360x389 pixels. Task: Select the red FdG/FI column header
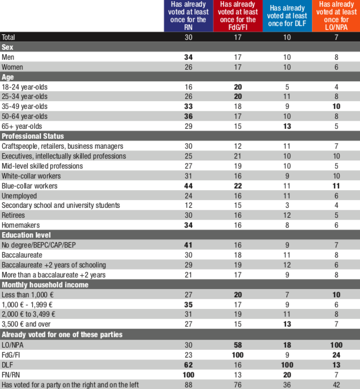(238, 15)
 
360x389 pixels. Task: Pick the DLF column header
(286, 15)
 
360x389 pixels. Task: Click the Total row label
(9, 37)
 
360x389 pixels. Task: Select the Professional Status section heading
(33, 136)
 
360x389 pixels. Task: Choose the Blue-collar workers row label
(27, 185)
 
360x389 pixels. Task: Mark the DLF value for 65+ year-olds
(286, 127)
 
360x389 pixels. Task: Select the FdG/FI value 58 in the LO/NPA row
(238, 345)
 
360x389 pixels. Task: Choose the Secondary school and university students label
(61, 205)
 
